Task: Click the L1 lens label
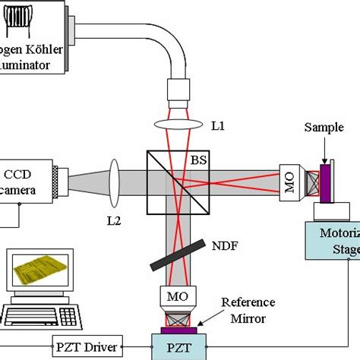click(217, 126)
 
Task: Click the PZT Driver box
click(87, 346)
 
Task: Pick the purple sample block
click(324, 183)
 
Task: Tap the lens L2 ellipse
click(115, 182)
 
